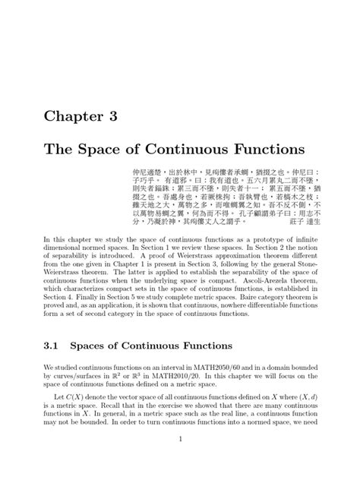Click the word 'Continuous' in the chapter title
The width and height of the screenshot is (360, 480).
tap(172, 146)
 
